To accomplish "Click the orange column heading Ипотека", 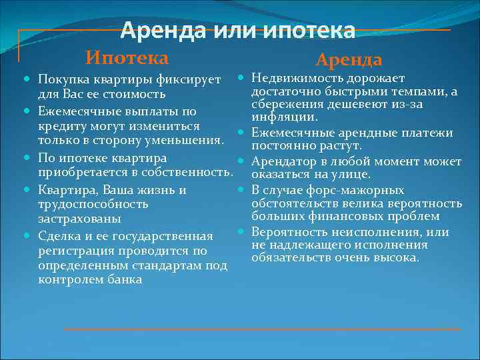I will click(126, 58).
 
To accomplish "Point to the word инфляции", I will click(279, 118).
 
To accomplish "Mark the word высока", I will click(399, 257).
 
